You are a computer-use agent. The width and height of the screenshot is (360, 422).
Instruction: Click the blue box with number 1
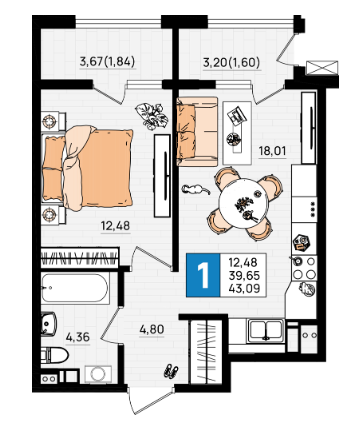tap(203, 275)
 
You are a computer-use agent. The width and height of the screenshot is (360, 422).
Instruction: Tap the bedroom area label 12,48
tap(115, 226)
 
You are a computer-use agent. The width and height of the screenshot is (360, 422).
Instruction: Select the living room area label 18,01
tap(272, 151)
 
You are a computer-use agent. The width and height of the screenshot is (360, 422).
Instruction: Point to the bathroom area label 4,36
tap(78, 337)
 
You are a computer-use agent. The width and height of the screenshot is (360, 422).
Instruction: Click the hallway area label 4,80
tap(152, 330)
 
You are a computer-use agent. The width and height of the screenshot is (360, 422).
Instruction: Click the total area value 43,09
tap(244, 288)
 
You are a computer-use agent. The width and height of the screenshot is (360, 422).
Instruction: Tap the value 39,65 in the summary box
tap(244, 276)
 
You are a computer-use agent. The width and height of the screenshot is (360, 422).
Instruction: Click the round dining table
tap(243, 204)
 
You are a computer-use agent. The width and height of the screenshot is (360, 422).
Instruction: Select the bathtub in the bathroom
tap(75, 288)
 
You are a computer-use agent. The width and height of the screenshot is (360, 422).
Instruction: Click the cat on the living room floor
tap(196, 190)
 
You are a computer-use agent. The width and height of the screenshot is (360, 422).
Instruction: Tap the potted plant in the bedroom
tap(152, 116)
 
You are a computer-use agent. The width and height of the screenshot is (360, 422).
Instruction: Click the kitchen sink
tap(266, 331)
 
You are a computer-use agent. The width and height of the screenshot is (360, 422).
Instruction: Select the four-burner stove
tap(304, 269)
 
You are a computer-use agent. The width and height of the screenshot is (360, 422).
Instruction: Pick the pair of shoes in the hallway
tap(171, 371)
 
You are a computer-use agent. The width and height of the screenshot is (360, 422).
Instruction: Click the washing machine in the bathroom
tap(98, 374)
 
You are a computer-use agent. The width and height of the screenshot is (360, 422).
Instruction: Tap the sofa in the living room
tap(197, 131)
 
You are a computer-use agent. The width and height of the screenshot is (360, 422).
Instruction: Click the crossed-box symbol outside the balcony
tap(322, 68)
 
